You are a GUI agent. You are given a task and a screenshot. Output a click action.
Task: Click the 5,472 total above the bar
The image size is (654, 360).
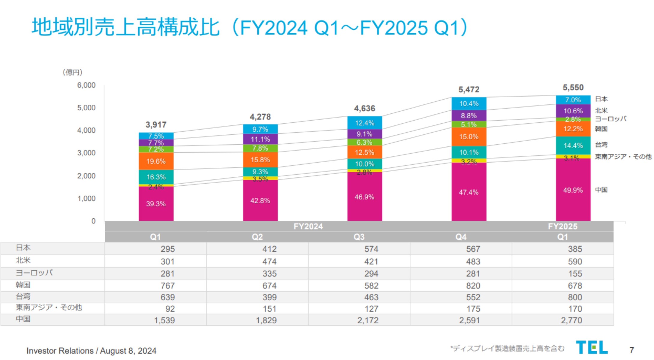click(469, 89)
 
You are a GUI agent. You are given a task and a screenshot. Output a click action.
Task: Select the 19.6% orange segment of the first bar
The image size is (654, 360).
click(156, 161)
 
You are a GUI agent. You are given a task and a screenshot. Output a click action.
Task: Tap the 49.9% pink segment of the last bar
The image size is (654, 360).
click(573, 190)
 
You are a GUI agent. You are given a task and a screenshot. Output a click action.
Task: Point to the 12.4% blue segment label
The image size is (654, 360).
click(364, 123)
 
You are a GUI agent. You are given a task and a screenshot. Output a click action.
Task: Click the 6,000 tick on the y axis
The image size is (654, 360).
click(86, 85)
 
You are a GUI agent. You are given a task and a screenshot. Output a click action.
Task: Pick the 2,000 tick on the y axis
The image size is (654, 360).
click(86, 176)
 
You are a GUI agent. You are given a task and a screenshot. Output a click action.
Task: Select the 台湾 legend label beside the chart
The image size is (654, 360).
click(601, 145)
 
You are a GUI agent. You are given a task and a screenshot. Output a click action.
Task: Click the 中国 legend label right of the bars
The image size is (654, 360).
click(601, 190)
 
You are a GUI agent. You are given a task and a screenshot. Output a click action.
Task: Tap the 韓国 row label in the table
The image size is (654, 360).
click(23, 285)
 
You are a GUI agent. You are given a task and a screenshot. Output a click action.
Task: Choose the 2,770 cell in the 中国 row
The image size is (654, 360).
click(571, 320)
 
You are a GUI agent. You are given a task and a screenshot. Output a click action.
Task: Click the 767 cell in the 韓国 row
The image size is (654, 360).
click(167, 286)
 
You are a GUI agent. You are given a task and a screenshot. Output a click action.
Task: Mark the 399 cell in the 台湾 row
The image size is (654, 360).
click(269, 297)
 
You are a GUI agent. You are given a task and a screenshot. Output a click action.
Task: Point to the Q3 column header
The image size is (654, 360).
click(359, 237)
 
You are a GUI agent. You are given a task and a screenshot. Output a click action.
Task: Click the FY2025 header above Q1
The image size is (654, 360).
click(562, 226)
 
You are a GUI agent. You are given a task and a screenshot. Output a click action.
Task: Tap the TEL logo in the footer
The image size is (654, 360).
click(592, 348)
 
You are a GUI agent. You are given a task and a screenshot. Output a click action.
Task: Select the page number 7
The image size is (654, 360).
click(631, 350)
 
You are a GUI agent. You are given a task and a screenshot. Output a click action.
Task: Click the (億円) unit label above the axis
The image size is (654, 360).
click(72, 72)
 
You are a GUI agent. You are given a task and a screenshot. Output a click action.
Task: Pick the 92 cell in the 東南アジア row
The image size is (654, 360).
click(170, 309)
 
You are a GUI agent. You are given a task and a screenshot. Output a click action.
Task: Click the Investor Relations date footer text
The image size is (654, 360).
click(91, 350)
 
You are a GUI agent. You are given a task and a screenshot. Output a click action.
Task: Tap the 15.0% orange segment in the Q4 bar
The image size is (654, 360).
click(469, 137)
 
